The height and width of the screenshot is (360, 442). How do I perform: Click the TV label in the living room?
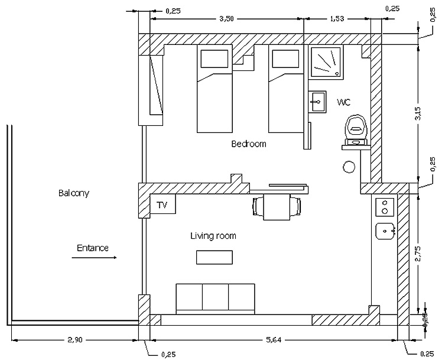click(162, 205)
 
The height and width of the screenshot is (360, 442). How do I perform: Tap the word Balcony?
click(74, 193)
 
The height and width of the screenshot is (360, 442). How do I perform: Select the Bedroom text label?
click(249, 144)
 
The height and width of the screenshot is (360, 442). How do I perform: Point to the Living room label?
click(213, 236)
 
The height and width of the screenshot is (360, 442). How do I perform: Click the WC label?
click(344, 102)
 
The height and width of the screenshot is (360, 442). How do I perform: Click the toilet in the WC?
click(356, 128)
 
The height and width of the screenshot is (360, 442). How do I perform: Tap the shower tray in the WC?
click(326, 61)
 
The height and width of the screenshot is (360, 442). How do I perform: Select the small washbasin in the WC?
click(317, 101)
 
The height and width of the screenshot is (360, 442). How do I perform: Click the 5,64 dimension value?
click(272, 339)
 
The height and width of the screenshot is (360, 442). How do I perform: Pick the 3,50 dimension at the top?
click(226, 19)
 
